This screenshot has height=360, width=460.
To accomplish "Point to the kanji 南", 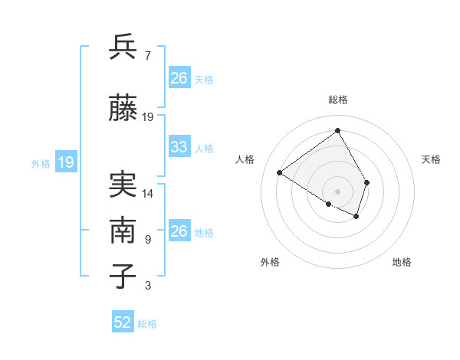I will pos(123,231).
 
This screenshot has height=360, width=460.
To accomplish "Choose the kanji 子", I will pos(123,276).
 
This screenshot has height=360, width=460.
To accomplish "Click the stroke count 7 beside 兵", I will pos(148,56).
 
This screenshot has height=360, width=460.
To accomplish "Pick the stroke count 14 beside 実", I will pos(148,194).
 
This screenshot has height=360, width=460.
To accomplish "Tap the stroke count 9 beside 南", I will pos(148,240).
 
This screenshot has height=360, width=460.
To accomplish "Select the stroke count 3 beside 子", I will pos(148,286).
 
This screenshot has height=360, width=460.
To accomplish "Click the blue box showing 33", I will pos(179,147).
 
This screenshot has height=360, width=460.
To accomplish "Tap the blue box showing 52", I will pos(123,322).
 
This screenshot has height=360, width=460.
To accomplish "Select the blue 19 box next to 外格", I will pos(66,162).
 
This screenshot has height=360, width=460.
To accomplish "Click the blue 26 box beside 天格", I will pos(179,78).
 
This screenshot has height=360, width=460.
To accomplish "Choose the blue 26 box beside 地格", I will pos(179,231).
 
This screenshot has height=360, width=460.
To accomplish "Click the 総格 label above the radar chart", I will pos(338,100).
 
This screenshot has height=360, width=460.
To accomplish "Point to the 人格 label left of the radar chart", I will pos(245,159).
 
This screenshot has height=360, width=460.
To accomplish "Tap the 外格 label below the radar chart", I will pos(270,262).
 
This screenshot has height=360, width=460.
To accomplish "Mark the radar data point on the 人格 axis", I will pos(280,173).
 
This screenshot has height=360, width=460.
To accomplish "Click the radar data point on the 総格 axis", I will pos(337,130).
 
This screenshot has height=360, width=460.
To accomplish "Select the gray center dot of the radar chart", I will pos(337,190).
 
